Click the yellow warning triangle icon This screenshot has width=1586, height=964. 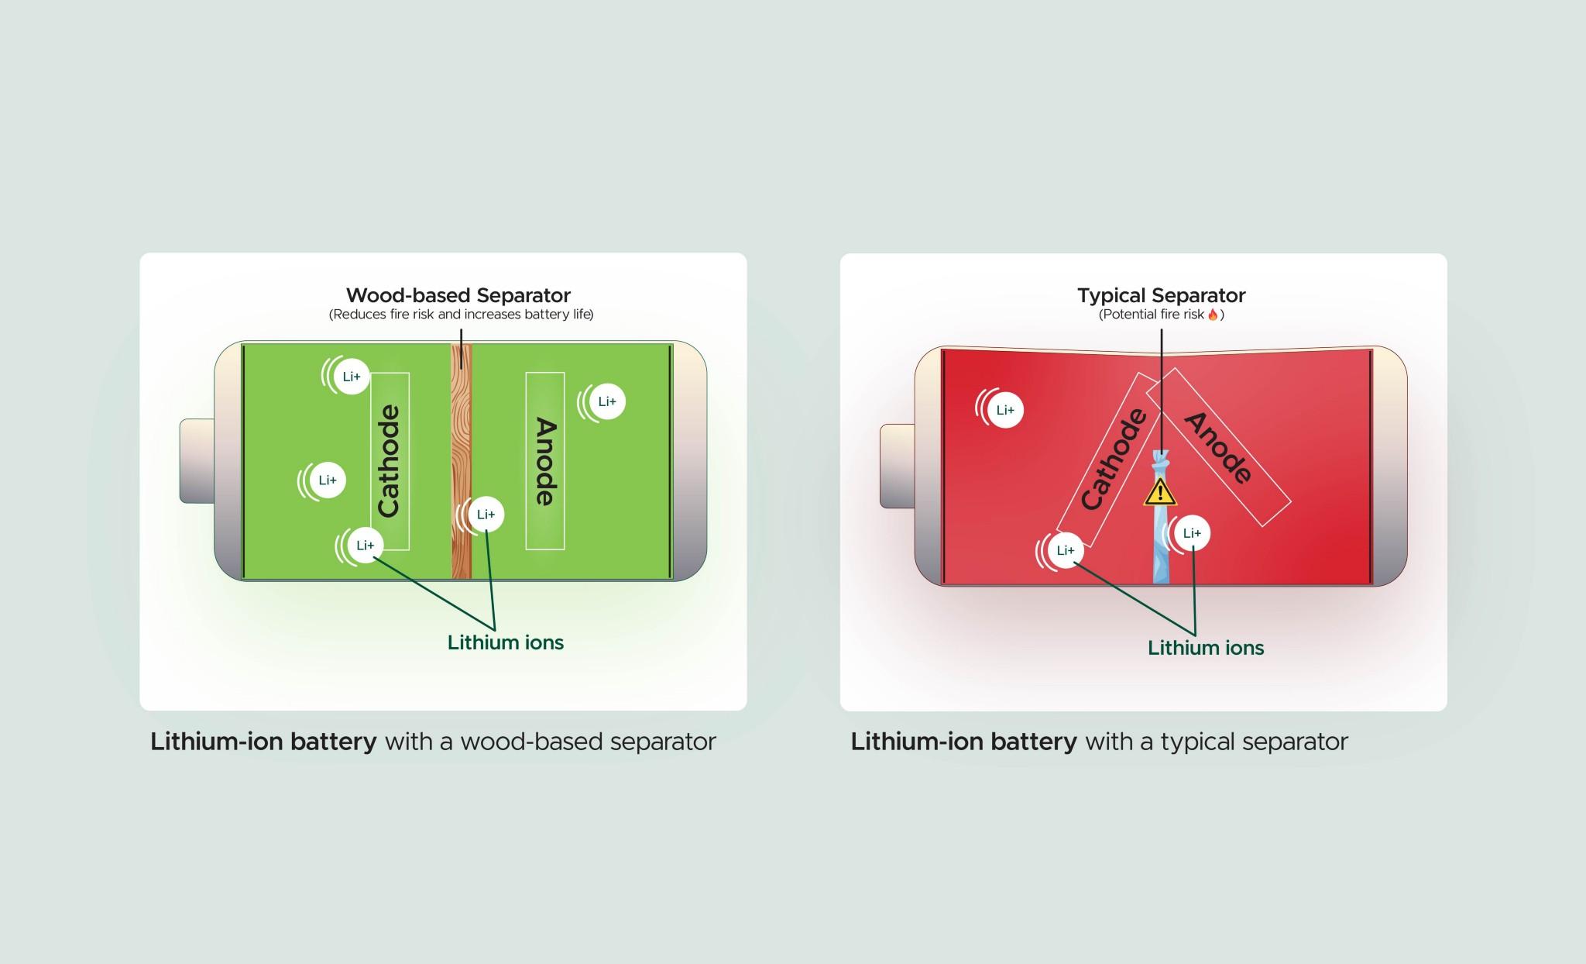tap(1160, 492)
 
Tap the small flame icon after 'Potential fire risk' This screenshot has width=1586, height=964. tap(1213, 314)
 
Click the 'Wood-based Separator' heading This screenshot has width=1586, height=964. tap(458, 295)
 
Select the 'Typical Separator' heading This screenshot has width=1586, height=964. tap(1161, 295)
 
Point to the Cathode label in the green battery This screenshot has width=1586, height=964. tap(389, 461)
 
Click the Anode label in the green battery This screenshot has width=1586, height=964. tap(545, 461)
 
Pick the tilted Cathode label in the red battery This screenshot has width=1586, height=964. tap(1113, 460)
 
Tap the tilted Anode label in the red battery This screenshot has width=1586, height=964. tap(1218, 447)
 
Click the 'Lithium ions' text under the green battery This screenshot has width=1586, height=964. tap(505, 642)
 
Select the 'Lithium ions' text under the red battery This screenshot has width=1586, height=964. tap(1205, 648)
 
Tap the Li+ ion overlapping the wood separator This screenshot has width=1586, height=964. tap(485, 515)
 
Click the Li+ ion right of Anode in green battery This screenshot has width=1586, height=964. tap(606, 401)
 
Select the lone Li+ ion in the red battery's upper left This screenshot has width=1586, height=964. tap(1004, 410)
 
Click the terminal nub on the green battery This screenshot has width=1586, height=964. tap(197, 460)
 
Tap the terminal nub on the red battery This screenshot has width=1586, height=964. tap(898, 466)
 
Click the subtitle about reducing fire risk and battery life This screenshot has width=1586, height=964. tap(461, 315)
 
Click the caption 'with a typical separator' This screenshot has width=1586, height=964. tap(1216, 742)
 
